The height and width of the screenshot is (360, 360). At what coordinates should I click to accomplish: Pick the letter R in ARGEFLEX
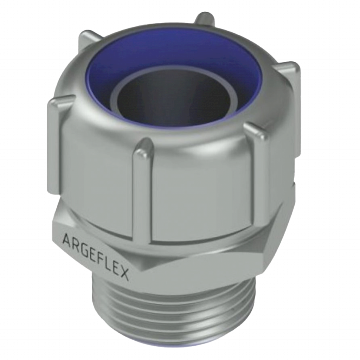[75, 244]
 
